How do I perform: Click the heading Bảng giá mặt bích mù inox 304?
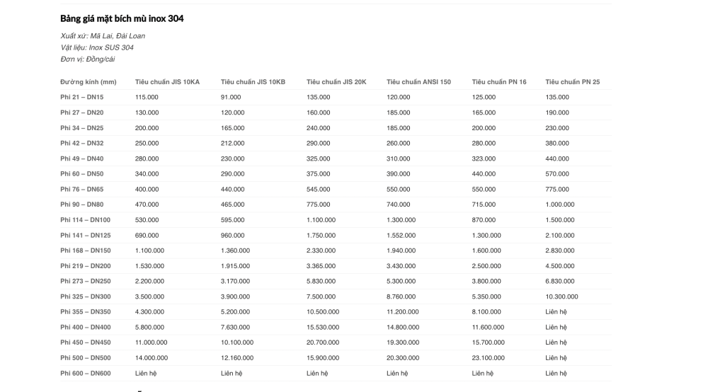[122, 18]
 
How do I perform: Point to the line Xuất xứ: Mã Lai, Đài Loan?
[103, 36]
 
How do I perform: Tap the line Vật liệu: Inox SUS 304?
[97, 47]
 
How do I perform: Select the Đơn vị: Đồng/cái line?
[88, 59]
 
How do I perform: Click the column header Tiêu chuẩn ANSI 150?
[418, 82]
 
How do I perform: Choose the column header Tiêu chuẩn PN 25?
[572, 82]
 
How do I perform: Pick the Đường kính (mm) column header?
[89, 82]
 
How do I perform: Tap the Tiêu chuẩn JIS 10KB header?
[253, 82]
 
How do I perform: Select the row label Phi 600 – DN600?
[86, 372]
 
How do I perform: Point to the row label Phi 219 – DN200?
[86, 265]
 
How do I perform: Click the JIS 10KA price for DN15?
[147, 97]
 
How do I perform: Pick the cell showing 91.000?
[231, 97]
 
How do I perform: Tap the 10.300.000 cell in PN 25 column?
[561, 296]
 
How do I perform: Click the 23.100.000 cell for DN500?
[488, 357]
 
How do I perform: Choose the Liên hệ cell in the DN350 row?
[556, 312]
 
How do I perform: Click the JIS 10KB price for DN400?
[235, 327]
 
